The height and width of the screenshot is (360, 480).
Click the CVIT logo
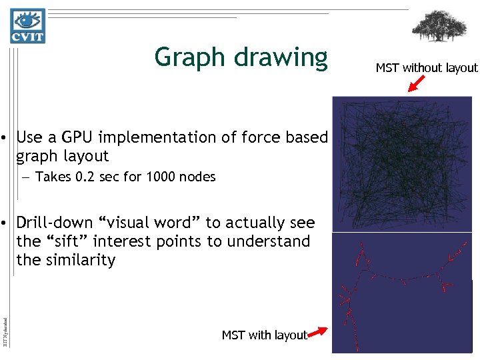click(27, 26)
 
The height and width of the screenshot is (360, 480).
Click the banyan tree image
click(439, 26)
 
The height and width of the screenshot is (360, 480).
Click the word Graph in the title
click(191, 58)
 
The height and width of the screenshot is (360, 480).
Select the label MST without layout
click(427, 68)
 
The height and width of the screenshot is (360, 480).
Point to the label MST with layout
click(264, 335)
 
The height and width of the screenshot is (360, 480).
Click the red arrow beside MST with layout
click(319, 331)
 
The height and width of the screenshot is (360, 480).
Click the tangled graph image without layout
click(402, 163)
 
